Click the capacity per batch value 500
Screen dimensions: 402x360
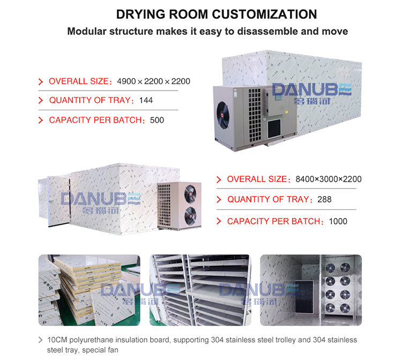coord(157,120)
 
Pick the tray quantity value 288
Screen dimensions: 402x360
coord(324,199)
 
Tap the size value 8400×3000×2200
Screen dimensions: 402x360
coord(329,179)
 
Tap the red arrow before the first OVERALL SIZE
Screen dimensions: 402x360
coord(40,82)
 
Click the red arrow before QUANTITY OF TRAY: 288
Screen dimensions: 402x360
coord(219,200)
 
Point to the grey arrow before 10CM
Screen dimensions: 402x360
coord(41,340)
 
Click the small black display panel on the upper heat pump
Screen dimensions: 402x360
coord(274,127)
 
